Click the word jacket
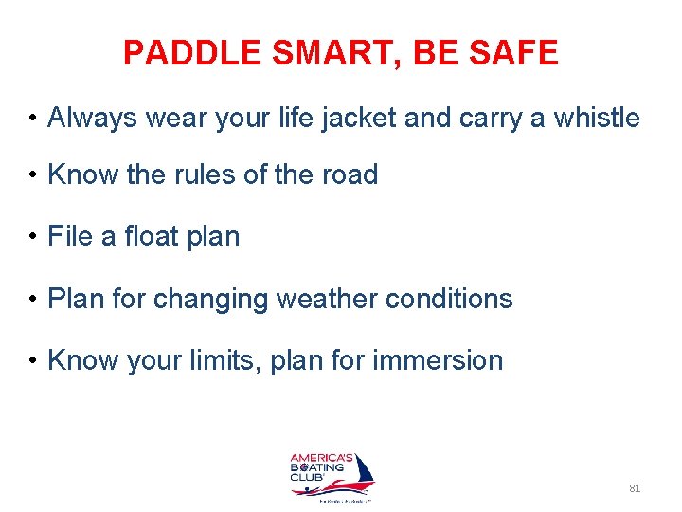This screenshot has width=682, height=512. coord(350,118)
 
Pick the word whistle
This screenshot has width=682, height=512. coord(596,118)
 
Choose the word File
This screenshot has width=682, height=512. coord(70,236)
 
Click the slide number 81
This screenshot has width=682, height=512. coord(635,488)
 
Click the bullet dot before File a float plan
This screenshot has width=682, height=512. coord(32,237)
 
